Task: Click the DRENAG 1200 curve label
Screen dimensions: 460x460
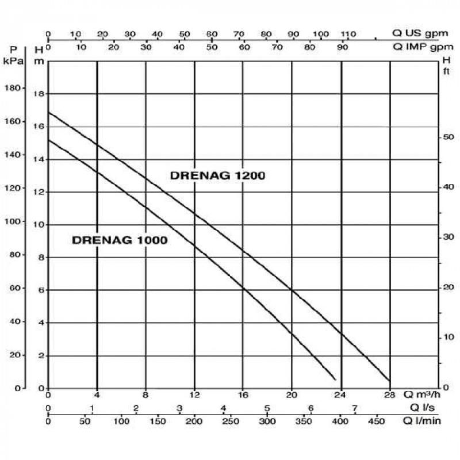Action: pos(217,176)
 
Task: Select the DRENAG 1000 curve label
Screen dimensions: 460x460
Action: pos(120,240)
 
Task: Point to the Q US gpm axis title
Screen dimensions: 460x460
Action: pos(418,34)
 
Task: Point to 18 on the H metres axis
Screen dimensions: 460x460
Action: pos(39,94)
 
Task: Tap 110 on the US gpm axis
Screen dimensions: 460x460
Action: pos(348,34)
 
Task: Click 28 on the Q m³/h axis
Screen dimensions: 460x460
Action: pos(390,395)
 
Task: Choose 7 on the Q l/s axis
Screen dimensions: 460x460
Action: pos(355,408)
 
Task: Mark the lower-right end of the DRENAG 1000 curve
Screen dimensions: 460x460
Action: pos(335,379)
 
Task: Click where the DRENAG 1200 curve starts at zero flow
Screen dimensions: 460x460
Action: pos(48,113)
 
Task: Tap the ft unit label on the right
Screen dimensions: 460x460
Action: pos(445,72)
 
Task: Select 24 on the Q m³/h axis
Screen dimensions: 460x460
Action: pos(341,395)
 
